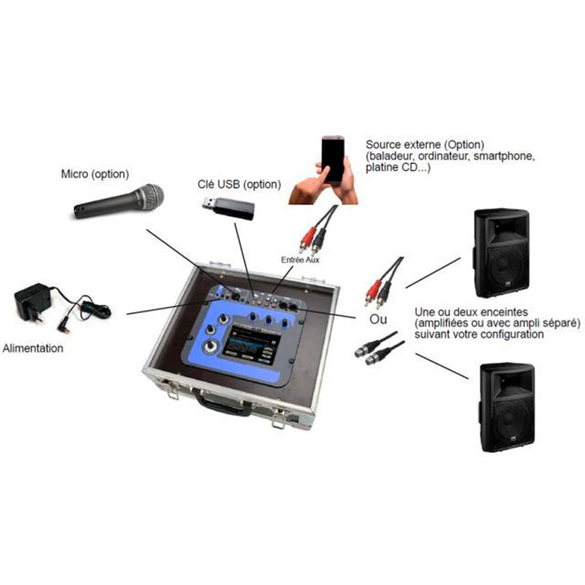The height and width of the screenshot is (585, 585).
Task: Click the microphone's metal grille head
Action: click(150, 197)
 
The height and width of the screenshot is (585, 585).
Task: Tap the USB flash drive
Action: click(229, 208)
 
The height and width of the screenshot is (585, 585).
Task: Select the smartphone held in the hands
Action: click(333, 159)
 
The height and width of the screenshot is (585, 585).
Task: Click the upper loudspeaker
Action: click(502, 253)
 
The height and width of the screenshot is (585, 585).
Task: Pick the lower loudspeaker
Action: click(507, 407)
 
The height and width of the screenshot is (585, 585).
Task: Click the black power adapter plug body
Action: click(32, 301)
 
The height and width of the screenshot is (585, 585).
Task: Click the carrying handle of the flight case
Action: click(223, 404)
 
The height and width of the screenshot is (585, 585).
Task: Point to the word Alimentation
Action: click(33, 348)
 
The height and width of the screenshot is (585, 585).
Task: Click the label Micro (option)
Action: click(95, 174)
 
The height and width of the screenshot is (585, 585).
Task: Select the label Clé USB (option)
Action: click(239, 184)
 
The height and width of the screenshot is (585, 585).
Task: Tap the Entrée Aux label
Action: click(300, 260)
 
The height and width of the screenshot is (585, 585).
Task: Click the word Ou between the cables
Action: click(378, 320)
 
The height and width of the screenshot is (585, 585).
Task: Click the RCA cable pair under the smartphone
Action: click(317, 230)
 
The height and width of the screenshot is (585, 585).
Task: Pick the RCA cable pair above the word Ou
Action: click(383, 282)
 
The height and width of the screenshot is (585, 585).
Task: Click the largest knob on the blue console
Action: click(211, 347)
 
